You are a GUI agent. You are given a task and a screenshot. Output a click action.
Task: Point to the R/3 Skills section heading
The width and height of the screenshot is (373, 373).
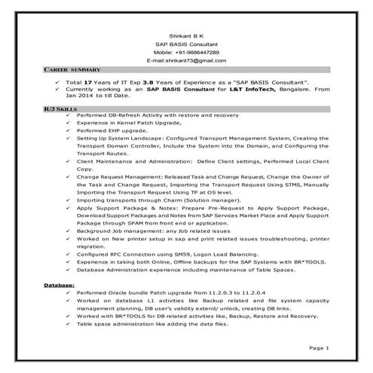pyautogui.click(x=56, y=109)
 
